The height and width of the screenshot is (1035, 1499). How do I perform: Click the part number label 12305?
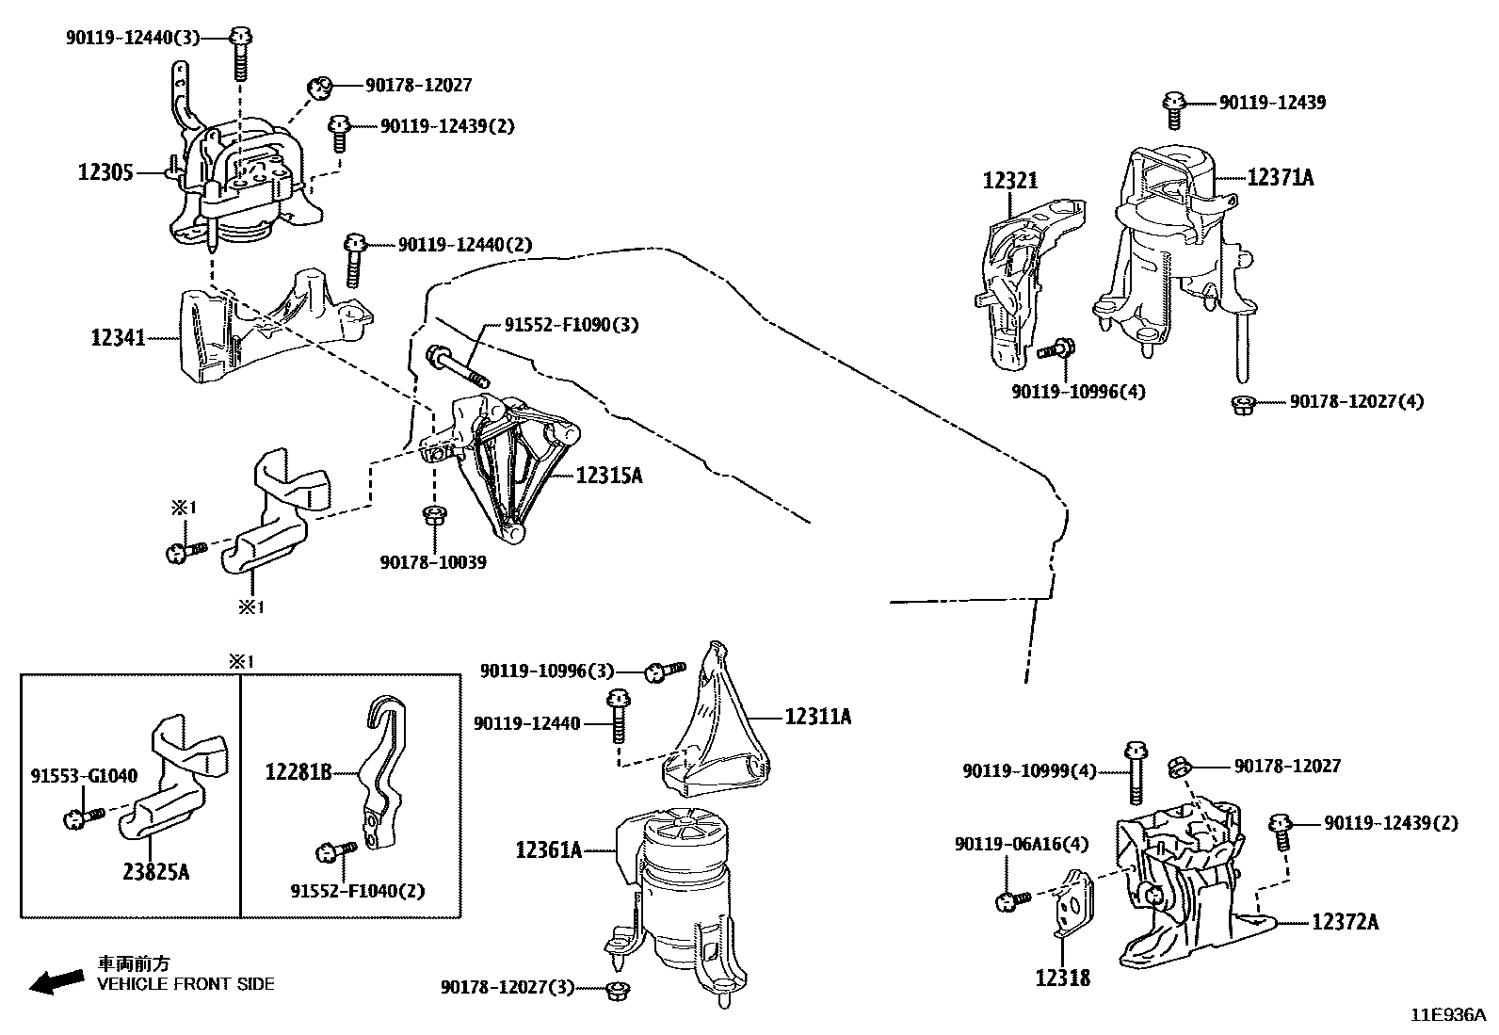[x=105, y=172]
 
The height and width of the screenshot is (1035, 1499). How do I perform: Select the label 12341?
[x=119, y=337]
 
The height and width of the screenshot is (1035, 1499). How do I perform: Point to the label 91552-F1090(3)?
[x=572, y=325]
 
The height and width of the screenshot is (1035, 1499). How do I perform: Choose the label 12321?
[x=1010, y=181]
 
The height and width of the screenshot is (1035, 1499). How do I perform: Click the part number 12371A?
[x=1280, y=176]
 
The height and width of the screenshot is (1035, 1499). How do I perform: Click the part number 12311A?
[x=817, y=717]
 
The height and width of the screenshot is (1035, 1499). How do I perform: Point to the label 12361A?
[x=549, y=850]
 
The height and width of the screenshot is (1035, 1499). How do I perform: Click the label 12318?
[x=1062, y=978]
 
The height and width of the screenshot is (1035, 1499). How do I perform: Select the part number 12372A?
[x=1345, y=922]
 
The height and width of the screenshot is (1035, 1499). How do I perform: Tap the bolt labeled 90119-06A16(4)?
[x=1006, y=901]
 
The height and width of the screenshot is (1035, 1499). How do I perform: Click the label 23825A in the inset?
[x=156, y=872]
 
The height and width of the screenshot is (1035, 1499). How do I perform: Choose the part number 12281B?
[x=298, y=773]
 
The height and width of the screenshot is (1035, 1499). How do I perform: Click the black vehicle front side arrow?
[x=55, y=980]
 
